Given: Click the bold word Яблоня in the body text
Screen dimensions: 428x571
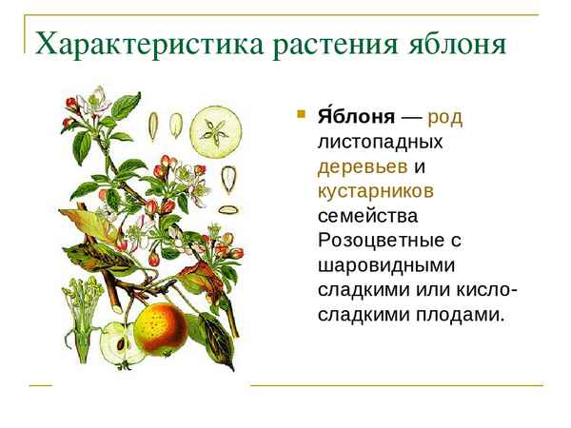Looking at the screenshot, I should click(356, 117).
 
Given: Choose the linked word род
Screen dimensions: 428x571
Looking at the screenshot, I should click(445, 117).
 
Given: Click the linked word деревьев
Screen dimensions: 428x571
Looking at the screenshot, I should click(363, 166).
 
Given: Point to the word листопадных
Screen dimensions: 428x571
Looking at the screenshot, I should click(381, 142).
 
